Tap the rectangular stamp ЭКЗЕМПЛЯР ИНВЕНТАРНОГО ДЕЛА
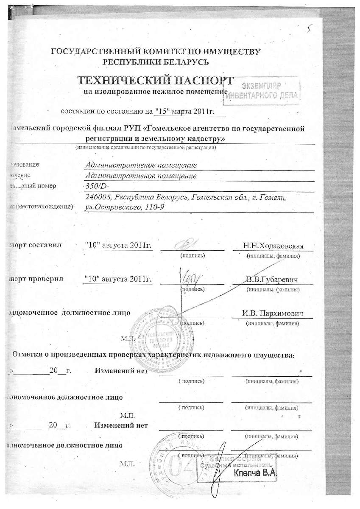(262, 90)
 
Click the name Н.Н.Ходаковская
(273, 246)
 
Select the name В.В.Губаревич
(272, 280)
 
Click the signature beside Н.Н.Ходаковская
(187, 244)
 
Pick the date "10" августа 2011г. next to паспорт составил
(118, 246)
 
